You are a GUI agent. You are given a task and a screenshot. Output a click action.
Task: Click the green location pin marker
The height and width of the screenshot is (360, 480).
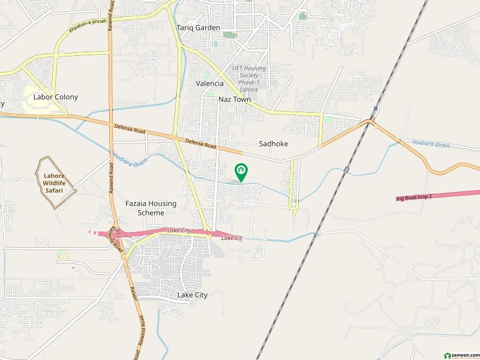(241, 172)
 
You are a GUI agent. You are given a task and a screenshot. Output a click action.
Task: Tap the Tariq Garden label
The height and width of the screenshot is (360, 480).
(198, 28)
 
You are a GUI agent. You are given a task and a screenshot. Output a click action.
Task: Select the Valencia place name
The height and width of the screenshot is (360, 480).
(209, 84)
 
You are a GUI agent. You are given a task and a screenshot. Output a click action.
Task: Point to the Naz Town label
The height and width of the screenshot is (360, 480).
(235, 100)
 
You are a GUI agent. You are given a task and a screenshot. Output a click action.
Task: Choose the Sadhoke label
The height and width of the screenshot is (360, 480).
(274, 144)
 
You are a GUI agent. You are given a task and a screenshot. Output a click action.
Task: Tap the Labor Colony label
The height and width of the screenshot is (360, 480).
(56, 97)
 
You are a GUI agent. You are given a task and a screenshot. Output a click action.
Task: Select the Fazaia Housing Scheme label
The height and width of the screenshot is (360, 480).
(151, 208)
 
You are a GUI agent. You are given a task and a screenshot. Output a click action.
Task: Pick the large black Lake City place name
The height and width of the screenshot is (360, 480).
(193, 295)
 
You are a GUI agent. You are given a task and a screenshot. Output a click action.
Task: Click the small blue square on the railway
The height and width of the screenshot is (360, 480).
(375, 109)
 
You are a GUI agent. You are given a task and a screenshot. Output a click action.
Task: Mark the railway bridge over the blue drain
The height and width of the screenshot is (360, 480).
(347, 170)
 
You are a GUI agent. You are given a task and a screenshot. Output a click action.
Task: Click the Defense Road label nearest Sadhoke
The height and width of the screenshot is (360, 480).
(200, 144)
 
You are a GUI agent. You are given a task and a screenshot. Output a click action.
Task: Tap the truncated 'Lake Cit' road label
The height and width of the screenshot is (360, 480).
(231, 238)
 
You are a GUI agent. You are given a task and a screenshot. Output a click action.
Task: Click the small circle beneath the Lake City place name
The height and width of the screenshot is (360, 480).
(192, 302)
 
